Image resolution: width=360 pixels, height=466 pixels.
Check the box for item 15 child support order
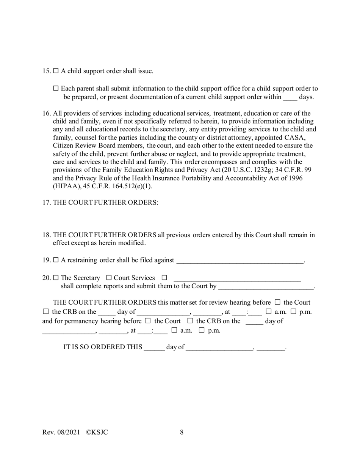pyautogui.click(x=56, y=71)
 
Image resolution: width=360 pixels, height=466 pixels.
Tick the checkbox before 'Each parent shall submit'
pyautogui.click(x=56, y=88)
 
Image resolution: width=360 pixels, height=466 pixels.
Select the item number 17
pyautogui.click(x=46, y=202)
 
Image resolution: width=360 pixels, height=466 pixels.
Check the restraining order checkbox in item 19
pyautogui.click(x=56, y=260)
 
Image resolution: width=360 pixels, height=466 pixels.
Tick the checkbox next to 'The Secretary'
pyautogui.click(x=56, y=278)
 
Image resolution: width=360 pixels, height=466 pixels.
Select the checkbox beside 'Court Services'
pyautogui.click(x=109, y=278)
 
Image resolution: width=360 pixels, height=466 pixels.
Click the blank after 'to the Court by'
pyautogui.click(x=266, y=287)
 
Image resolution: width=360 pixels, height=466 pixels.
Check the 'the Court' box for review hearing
pyautogui.click(x=277, y=302)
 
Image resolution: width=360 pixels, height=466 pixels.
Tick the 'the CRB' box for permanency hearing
pyautogui.click(x=190, y=321)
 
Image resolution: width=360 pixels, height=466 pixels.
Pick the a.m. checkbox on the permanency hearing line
pyautogui.click(x=174, y=330)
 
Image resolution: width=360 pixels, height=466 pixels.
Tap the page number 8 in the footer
pyautogui.click(x=182, y=432)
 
